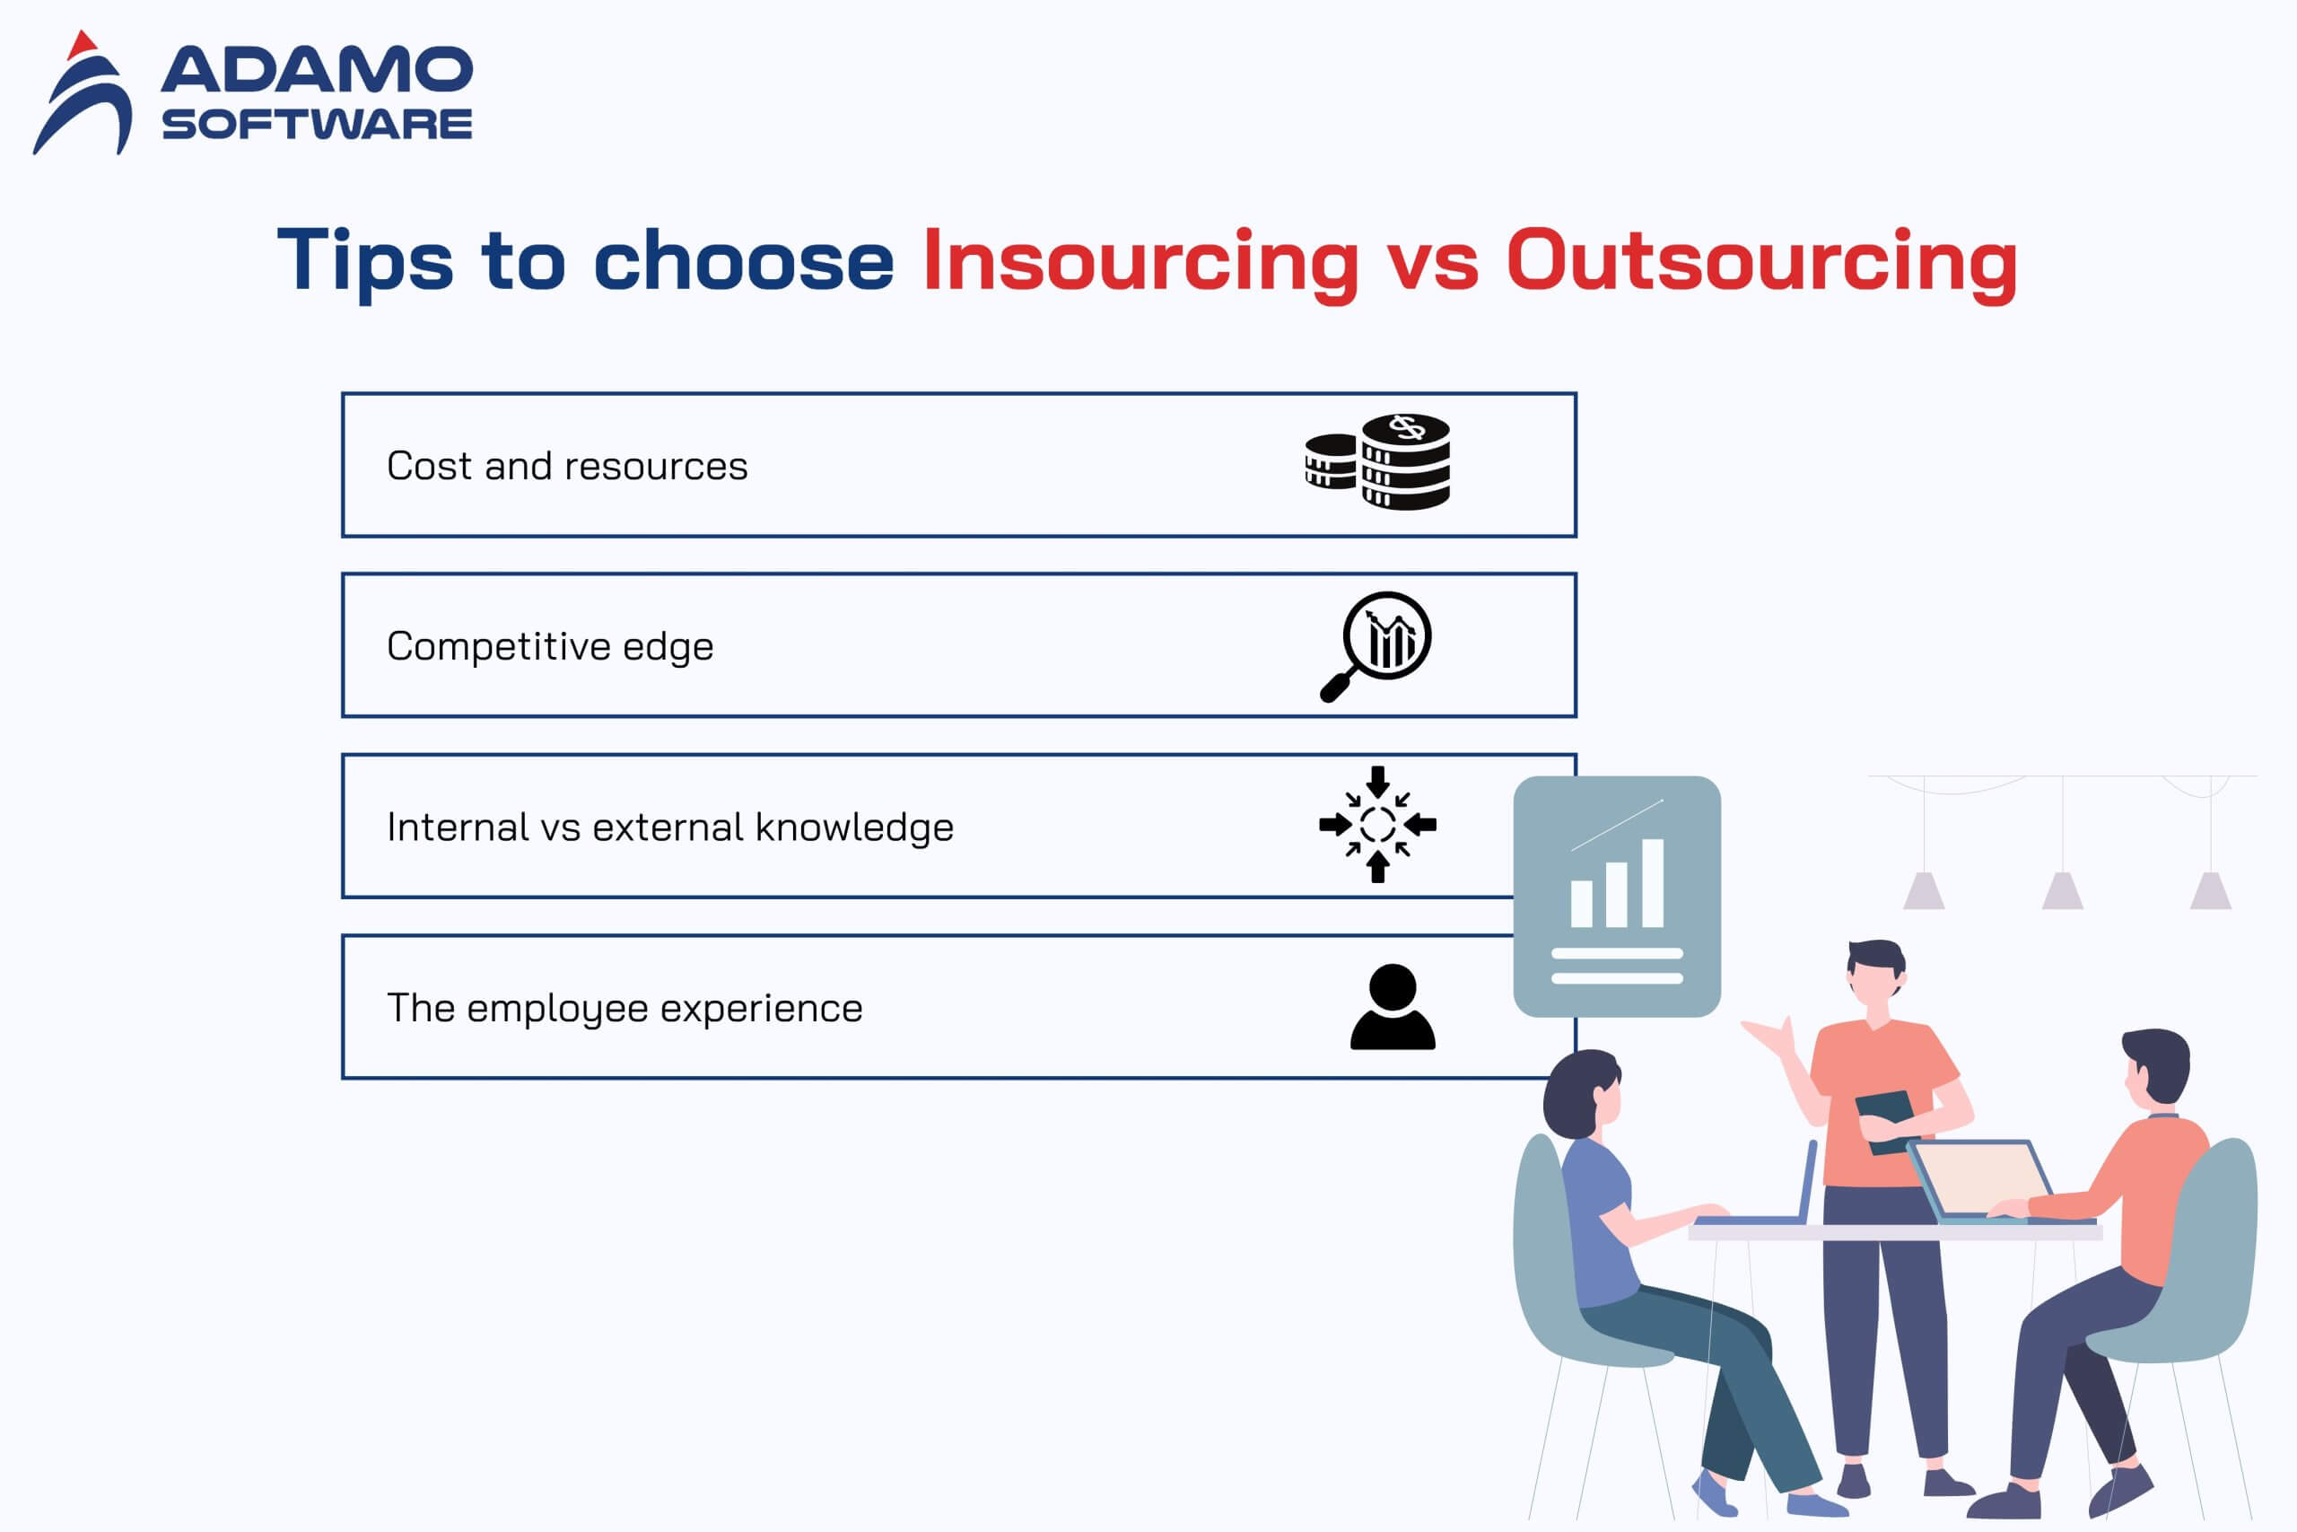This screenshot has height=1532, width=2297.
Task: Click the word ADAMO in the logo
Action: (318, 70)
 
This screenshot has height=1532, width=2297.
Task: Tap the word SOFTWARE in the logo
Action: (318, 124)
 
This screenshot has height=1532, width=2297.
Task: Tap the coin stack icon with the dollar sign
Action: (1378, 461)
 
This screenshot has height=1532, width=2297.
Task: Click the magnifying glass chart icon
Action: (1376, 646)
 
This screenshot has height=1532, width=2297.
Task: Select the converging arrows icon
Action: (1378, 825)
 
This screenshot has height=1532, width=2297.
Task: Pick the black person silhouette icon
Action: (1393, 1006)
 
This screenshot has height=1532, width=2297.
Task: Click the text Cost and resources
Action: (567, 466)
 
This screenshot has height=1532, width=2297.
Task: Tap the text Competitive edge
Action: (551, 647)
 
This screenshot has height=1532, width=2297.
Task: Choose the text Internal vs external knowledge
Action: (670, 827)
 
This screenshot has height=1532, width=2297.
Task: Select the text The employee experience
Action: (625, 1008)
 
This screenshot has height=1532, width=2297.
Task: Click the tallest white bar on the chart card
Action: (1653, 882)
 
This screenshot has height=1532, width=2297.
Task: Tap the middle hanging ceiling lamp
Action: (2063, 890)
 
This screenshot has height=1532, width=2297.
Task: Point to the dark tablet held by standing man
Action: (1887, 1121)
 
